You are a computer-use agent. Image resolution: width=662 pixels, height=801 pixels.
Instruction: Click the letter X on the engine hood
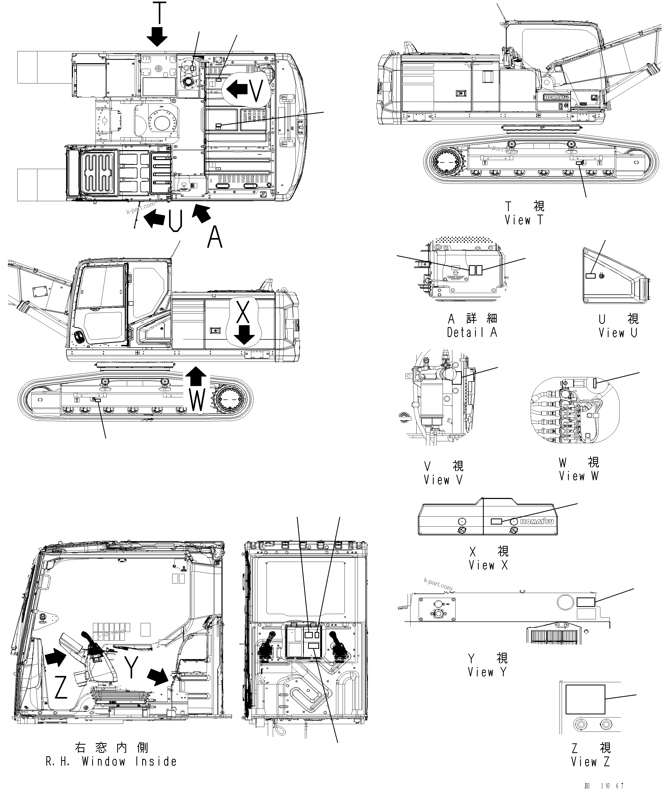pos(243,311)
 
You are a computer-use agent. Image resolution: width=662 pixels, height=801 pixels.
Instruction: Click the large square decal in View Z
pos(585,699)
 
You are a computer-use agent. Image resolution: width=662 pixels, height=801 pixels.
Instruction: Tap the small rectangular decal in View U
pos(590,275)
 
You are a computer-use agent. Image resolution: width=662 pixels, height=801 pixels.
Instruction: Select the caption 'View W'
pos(579,476)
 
